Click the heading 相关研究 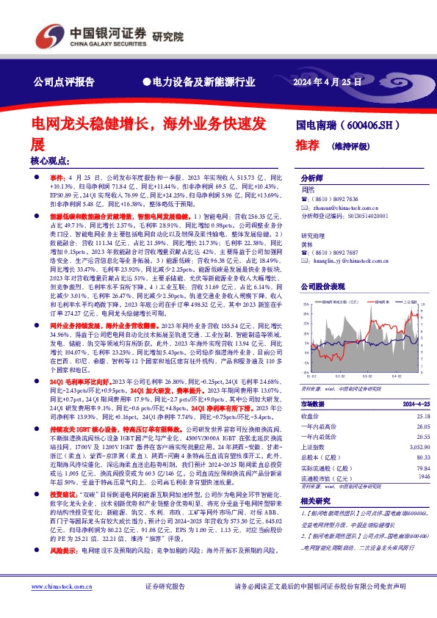click(316, 500)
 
